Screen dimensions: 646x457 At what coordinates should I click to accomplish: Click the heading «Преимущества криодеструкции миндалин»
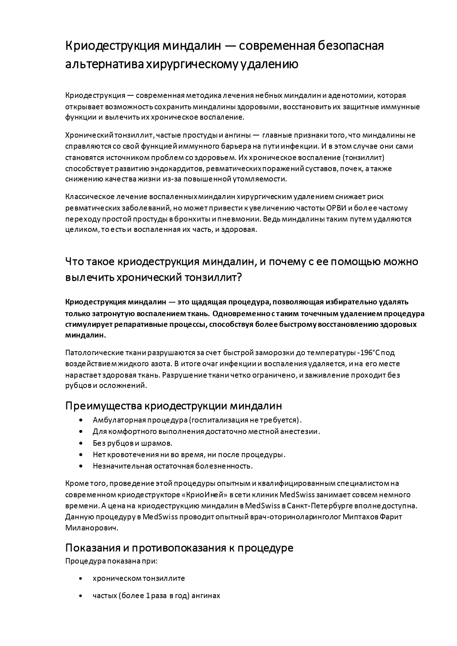coord(173,406)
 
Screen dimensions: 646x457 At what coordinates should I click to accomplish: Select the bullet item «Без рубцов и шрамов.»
coord(133,443)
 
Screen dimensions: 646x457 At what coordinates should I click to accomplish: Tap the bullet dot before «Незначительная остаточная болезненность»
coord(81,466)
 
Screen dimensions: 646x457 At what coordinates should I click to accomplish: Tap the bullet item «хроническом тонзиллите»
coord(139,578)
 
